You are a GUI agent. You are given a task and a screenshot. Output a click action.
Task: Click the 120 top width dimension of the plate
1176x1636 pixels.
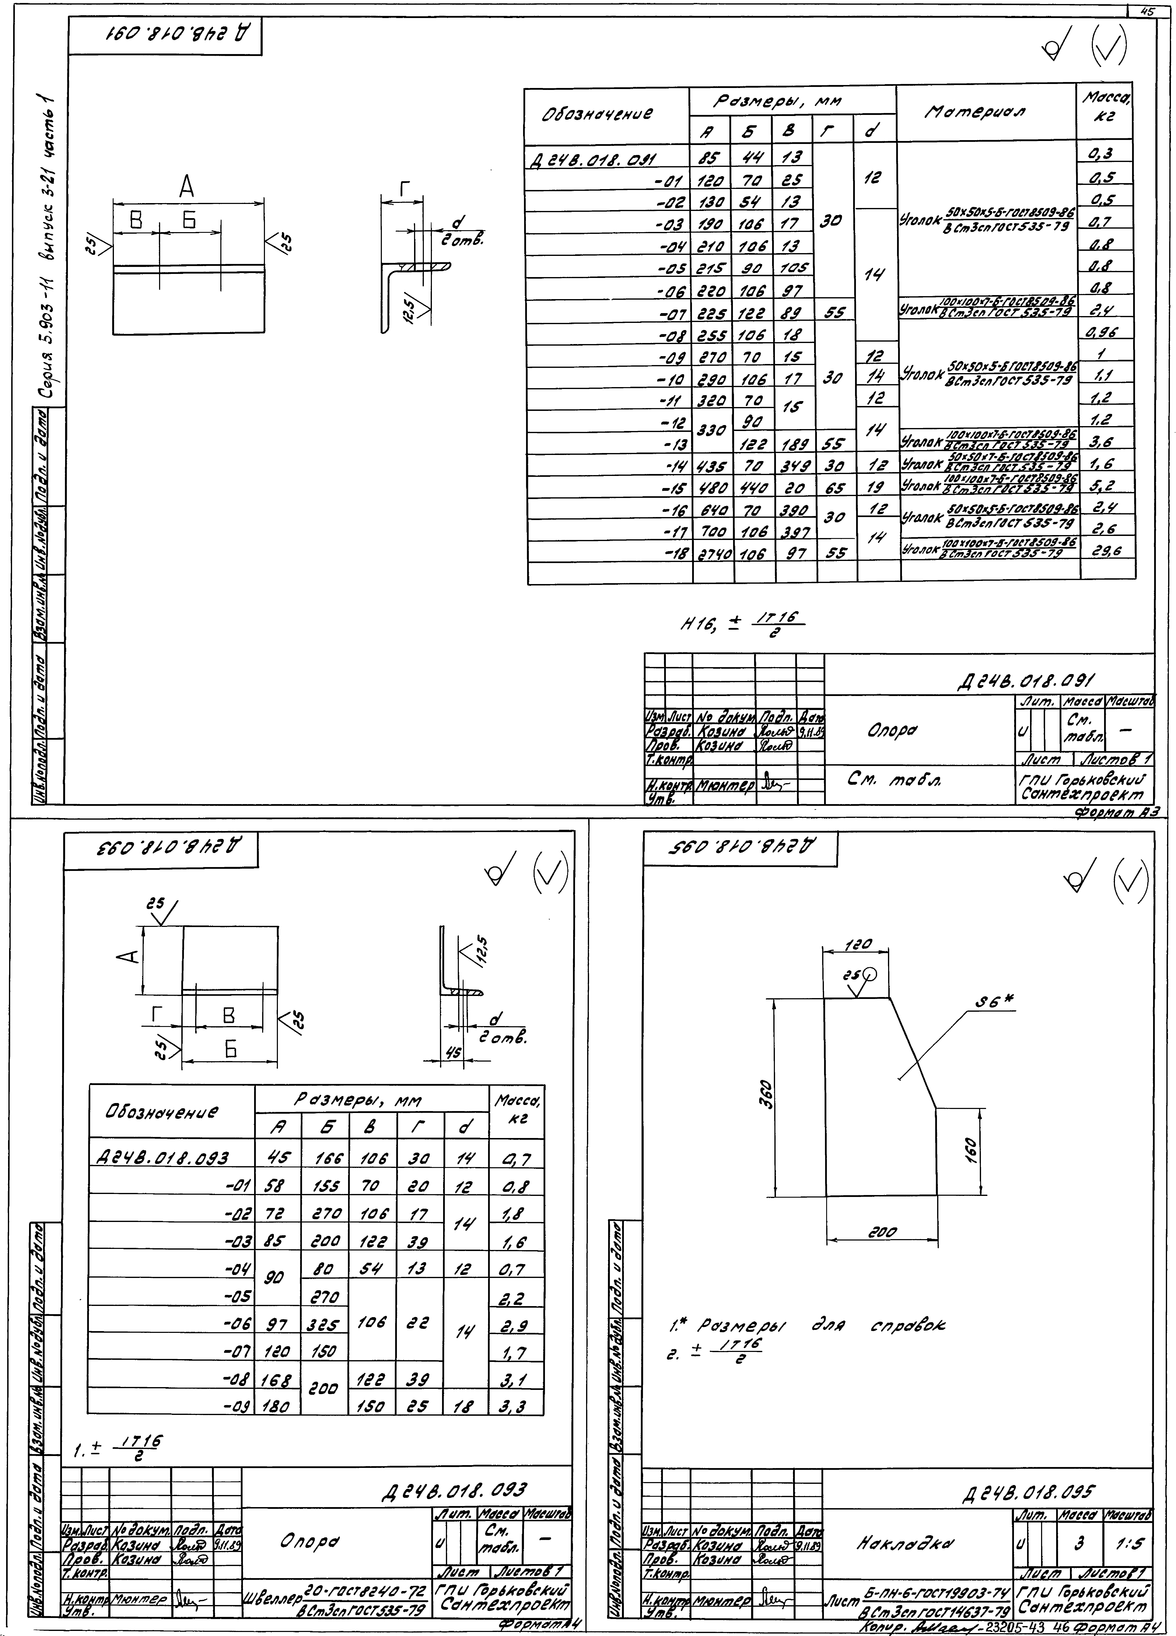click(x=859, y=944)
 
